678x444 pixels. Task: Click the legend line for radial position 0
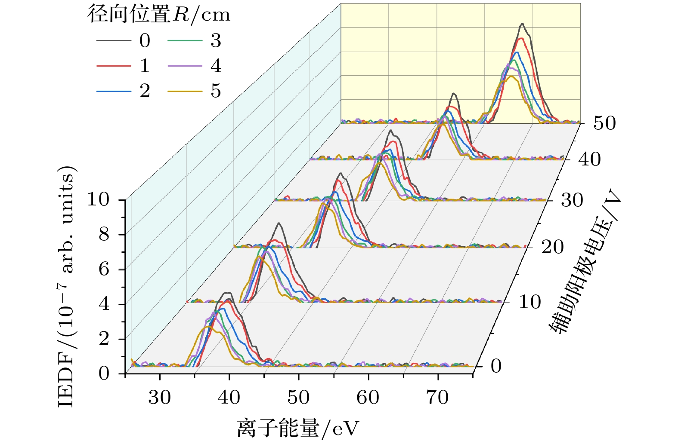pos(114,41)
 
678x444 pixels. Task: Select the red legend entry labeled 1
pos(114,66)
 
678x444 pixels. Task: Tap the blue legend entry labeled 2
pos(114,91)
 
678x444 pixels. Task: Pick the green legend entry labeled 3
pos(185,41)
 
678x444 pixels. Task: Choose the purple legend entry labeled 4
pos(185,66)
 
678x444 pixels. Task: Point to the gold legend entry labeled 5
pos(185,91)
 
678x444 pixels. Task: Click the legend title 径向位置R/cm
pos(159,15)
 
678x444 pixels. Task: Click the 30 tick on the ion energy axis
pos(160,398)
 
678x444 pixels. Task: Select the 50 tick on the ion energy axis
pos(298,398)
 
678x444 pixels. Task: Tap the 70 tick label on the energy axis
pos(437,398)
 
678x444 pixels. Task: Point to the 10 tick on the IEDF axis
pos(99,199)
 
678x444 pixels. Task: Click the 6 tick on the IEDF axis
pos(104,269)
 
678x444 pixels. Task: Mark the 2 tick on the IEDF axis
pos(104,339)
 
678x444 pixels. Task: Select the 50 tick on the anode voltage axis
pos(604,123)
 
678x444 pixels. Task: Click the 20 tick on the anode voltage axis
pos(552,247)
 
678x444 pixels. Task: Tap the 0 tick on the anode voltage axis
pos(496,366)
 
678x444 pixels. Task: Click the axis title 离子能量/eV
pos(297,428)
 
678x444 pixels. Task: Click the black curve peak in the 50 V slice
pos(523,24)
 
